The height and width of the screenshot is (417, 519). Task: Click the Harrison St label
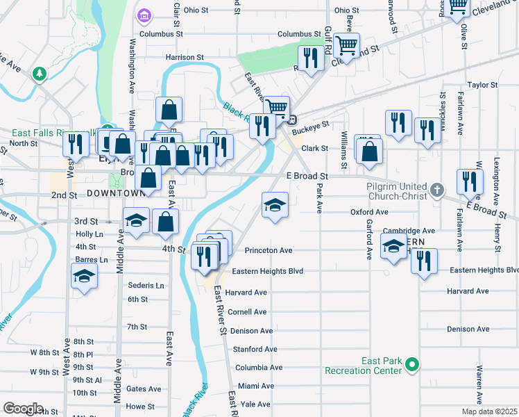tap(185, 57)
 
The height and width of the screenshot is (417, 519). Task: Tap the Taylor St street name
tap(483, 85)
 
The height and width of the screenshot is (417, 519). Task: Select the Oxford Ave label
tap(369, 212)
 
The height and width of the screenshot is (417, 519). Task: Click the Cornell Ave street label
tap(248, 312)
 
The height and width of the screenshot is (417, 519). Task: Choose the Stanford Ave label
tap(255, 349)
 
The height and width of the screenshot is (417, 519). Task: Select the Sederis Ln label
tap(146, 286)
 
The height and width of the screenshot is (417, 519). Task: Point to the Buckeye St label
tap(309, 130)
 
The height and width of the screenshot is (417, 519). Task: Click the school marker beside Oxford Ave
tap(275, 205)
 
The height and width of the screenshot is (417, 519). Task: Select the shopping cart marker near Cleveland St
tap(346, 47)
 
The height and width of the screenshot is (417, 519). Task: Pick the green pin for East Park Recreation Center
tap(411, 363)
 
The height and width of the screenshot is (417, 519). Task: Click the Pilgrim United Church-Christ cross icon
tap(436, 188)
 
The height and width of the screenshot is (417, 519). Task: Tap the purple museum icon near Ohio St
tap(144, 15)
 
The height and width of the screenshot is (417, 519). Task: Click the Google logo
tap(22, 409)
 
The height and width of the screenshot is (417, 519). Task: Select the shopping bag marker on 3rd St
tap(164, 222)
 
